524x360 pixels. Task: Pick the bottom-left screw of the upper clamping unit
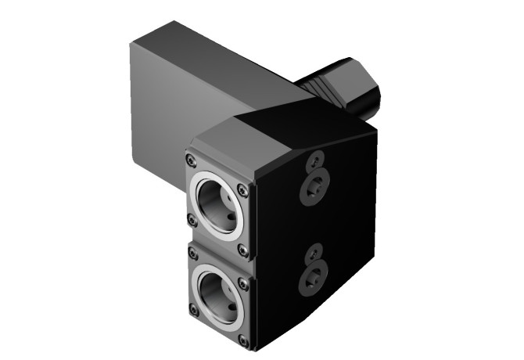click(190, 220)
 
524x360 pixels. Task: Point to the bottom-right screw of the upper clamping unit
click(243, 250)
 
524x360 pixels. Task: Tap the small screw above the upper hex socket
click(314, 162)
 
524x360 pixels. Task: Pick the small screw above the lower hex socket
click(314, 250)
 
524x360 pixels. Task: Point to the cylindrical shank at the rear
click(348, 86)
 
